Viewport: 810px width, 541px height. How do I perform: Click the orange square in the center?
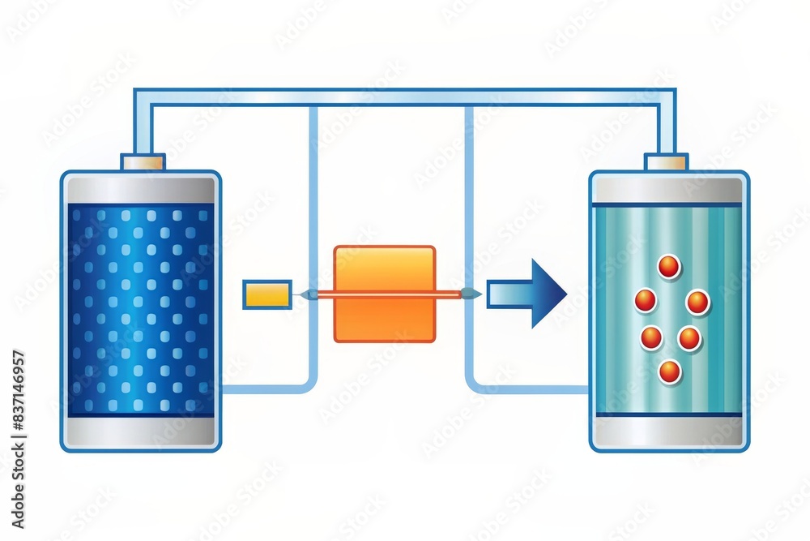tap(384, 272)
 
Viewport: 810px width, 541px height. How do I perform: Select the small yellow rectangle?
tap(266, 294)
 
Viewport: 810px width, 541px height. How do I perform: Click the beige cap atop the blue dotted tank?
tap(143, 162)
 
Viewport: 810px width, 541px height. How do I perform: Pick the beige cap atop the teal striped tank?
tap(666, 162)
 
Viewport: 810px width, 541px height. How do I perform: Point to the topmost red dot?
tap(668, 266)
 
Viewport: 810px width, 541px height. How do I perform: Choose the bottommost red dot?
tap(669, 371)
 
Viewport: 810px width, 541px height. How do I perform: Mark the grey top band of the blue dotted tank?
tap(140, 189)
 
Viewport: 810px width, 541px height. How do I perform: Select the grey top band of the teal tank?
tap(668, 189)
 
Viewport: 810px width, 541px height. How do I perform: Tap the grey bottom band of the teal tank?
tap(668, 432)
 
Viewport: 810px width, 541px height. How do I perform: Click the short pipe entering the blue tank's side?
tap(259, 389)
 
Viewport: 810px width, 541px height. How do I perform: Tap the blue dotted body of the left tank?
tap(140, 308)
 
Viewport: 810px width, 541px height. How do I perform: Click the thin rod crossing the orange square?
tap(384, 294)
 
